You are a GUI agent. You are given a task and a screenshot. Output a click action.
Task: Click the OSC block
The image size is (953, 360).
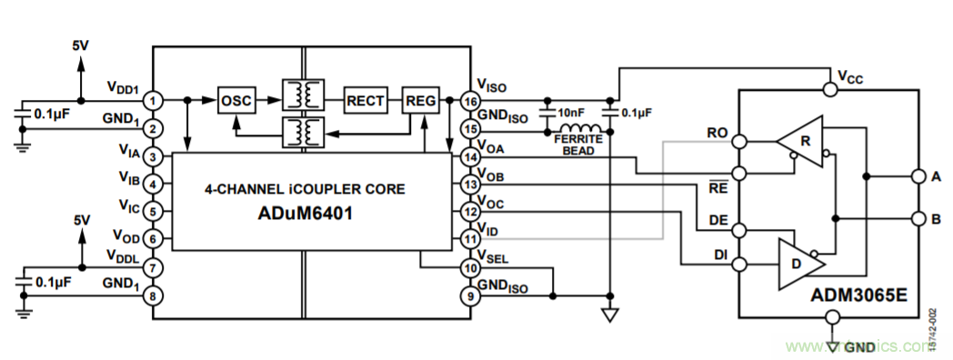236,99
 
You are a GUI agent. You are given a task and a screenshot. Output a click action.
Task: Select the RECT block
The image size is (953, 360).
366,99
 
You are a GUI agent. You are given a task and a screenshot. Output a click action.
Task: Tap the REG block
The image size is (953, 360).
421,99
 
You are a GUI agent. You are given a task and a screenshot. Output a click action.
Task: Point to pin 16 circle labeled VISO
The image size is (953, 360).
470,99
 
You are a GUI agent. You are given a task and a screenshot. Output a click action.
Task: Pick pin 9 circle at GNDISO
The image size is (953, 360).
470,295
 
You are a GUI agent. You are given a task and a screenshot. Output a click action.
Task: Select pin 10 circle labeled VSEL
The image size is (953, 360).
470,268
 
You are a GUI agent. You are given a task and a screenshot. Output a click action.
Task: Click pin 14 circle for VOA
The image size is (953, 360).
470,157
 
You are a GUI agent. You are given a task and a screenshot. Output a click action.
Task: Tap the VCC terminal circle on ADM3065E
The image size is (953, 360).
829,89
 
